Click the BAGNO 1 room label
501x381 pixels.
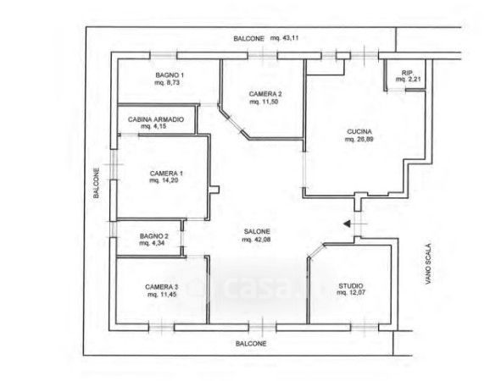(170, 75)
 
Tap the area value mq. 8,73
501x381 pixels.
(167, 83)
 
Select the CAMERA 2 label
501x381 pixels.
(265, 94)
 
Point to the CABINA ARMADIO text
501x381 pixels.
(156, 119)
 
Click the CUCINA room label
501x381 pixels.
(359, 131)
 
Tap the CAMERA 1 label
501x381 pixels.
(166, 174)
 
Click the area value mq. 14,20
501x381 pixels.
(164, 180)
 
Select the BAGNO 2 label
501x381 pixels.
(154, 236)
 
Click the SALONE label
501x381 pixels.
(257, 232)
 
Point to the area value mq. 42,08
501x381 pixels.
(256, 240)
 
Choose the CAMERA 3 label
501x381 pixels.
(161, 287)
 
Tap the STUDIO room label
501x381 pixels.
(351, 286)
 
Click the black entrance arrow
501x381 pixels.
(347, 224)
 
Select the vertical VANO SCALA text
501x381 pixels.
(428, 264)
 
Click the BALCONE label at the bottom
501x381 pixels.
(251, 344)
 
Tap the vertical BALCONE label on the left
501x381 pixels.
(96, 183)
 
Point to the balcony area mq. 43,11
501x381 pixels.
(285, 38)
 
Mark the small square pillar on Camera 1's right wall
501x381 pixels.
(214, 190)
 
